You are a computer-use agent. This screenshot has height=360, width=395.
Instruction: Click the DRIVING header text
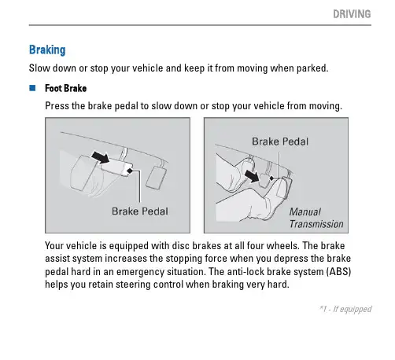pos(352,14)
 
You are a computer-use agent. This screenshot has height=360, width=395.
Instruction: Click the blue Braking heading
pos(47,50)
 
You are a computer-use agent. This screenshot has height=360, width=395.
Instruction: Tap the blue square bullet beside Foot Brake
pos(32,88)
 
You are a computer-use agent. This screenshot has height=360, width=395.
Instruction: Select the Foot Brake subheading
pos(65,88)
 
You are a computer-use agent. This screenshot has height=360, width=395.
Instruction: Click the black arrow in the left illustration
pos(100,156)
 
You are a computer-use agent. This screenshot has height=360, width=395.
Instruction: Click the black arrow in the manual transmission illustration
pos(251,175)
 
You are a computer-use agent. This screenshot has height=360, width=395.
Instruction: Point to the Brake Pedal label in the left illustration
pos(140,211)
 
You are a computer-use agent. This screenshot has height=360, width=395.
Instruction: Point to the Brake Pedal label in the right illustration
pos(280,141)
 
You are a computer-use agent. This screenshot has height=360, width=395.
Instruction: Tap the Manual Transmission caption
pos(316,218)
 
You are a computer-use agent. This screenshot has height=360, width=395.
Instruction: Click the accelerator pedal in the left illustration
pos(156,178)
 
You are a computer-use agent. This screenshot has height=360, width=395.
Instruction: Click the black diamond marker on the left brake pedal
pos(130,171)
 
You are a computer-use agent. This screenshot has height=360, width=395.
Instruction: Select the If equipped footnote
pos(345,309)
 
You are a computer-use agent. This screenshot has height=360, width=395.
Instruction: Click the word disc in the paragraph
pos(181,246)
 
